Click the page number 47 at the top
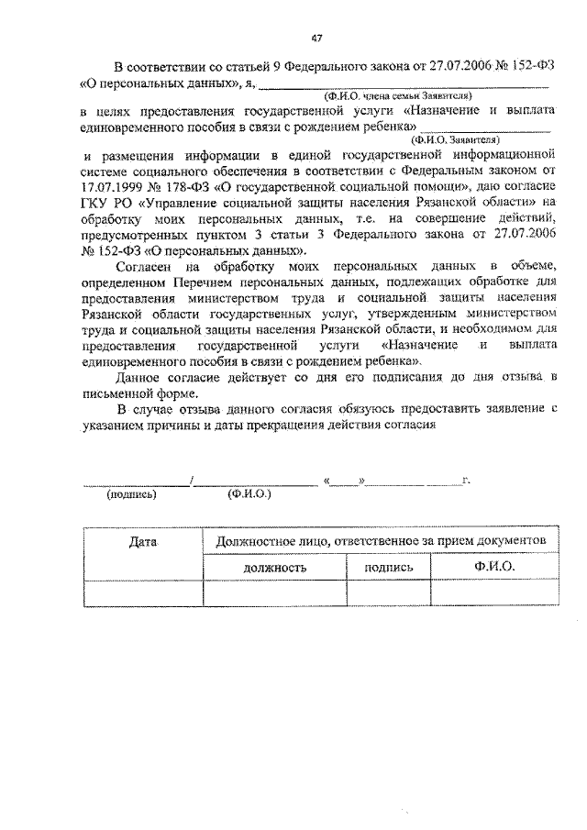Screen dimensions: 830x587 click(316, 37)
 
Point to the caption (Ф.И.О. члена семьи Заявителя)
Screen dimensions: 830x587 click(396, 95)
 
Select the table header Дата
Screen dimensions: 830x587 click(145, 543)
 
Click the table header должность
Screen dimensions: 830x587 click(274, 568)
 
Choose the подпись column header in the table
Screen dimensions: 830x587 click(388, 568)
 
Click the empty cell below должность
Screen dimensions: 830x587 click(274, 594)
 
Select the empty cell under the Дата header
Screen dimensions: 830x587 click(145, 594)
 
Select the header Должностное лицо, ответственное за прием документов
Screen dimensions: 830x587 click(381, 541)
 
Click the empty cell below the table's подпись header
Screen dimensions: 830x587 click(388, 594)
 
